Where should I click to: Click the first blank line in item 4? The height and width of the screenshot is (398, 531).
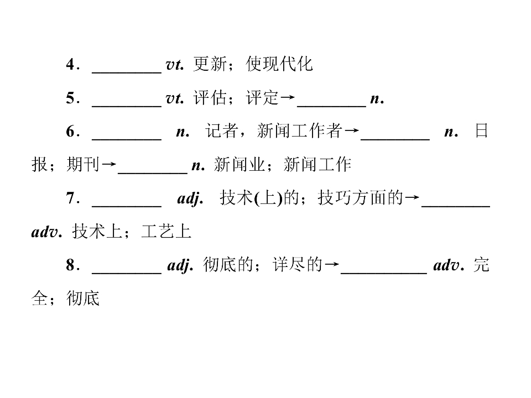pos(127,72)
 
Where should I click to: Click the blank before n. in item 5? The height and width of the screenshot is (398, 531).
pos(331,106)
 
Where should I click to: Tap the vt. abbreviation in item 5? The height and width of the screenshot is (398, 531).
pos(175,98)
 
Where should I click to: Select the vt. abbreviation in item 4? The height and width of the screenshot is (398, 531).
pos(175,64)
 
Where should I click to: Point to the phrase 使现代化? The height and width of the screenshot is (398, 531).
pos(279,64)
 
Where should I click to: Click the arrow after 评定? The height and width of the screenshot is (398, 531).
pos(288,98)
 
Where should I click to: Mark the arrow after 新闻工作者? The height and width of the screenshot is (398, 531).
pos(351,131)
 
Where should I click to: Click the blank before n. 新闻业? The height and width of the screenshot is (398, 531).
pos(153,173)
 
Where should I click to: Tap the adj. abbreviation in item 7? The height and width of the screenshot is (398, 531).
pos(190,198)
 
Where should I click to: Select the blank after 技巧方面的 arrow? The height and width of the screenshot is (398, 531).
pos(456,206)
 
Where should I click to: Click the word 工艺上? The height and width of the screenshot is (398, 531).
pos(166,232)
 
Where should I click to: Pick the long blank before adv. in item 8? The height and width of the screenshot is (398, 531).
pos(384,273)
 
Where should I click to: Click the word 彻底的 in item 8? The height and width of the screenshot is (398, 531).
pos(228,265)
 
